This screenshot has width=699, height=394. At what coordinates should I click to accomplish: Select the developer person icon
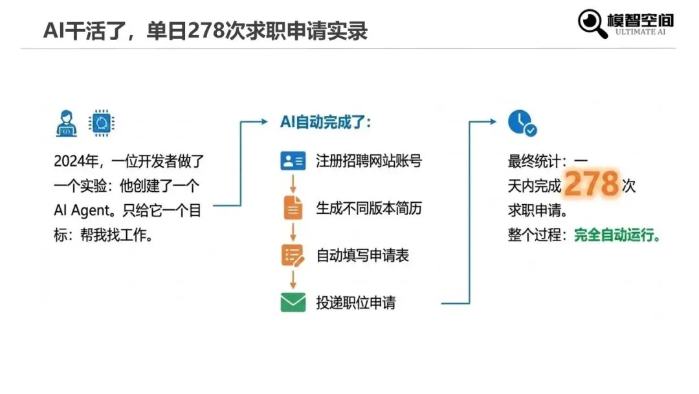coord(67,123)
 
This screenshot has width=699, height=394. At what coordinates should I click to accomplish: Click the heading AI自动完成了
coord(326,122)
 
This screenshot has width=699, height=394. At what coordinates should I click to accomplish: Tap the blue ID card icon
coord(293,161)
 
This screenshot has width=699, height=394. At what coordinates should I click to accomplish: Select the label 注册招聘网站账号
coord(368,161)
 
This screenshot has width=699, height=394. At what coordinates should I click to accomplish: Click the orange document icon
coord(293,207)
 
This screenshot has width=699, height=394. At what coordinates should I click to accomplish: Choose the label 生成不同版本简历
coord(368,208)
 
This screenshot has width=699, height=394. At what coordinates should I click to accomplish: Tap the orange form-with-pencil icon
coord(293,255)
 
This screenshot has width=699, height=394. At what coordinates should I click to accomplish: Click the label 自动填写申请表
coord(362,255)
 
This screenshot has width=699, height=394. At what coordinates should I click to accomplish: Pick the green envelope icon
coord(293,303)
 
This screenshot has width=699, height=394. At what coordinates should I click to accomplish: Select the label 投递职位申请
coord(355,303)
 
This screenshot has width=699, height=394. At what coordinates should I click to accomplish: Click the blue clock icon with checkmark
coord(522,123)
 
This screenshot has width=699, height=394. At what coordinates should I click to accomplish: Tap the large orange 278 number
coord(592,185)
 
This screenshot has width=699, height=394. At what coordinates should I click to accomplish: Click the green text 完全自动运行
coord(617,235)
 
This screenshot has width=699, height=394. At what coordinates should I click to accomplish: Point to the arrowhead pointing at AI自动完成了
coord(263,122)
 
